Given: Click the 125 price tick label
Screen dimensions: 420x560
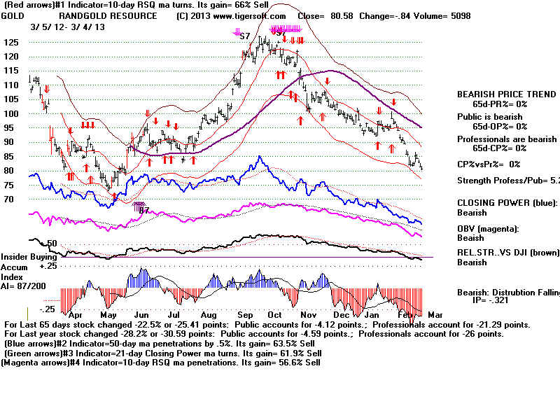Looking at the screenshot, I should tap(11, 42).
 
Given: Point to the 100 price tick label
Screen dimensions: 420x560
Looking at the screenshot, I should tap(11, 113).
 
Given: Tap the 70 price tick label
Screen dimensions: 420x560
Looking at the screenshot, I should tap(8, 199).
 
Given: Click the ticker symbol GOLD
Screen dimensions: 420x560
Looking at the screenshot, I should tap(13, 15).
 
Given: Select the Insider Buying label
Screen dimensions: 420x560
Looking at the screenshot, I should tap(29, 258).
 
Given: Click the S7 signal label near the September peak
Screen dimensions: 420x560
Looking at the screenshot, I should tap(244, 35).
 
